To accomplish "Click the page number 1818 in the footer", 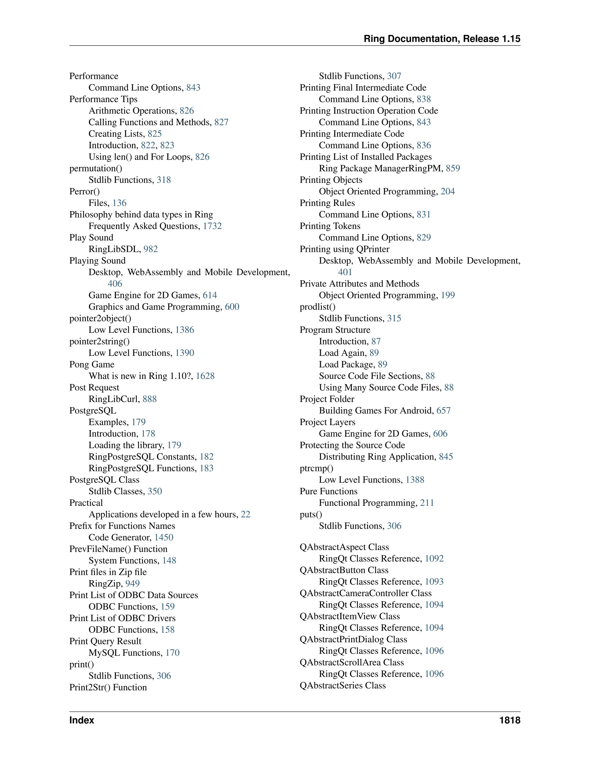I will [x=510, y=720].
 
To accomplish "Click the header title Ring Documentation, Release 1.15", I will [x=442, y=39].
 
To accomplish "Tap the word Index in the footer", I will [x=82, y=720].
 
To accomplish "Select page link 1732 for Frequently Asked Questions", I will [x=212, y=226].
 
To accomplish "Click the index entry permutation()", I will [x=96, y=168].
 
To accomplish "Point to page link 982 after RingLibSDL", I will [x=151, y=249].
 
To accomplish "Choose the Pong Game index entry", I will [x=92, y=364].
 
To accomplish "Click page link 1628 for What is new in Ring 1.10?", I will [x=205, y=376].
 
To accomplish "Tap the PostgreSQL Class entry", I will [x=104, y=480].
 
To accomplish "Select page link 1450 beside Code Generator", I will [x=164, y=537].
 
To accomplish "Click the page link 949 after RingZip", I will [x=133, y=584].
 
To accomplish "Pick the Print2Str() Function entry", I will [x=108, y=687].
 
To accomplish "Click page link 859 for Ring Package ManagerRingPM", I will [x=453, y=168].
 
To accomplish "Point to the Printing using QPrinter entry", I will [x=344, y=249].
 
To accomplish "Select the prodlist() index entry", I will [x=317, y=307].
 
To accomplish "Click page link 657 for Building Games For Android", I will [x=444, y=411].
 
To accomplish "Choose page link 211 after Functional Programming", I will [x=427, y=503].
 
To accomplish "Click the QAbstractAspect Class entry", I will [x=344, y=547].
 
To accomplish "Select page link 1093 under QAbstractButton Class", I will [x=434, y=582].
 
